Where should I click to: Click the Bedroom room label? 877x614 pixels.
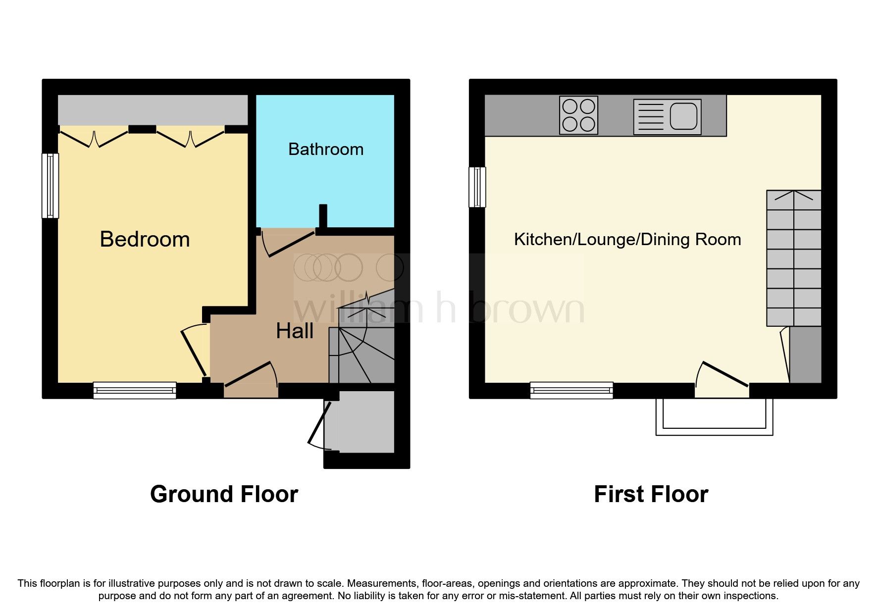coord(145,239)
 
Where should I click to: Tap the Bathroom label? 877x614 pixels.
coord(326,149)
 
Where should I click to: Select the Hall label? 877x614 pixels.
coord(295,331)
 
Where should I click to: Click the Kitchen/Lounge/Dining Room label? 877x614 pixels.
coord(627,240)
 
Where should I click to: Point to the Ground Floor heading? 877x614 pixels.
coord(224,494)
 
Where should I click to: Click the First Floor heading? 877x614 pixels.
coord(651,494)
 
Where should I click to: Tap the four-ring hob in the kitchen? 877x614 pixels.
coord(578,115)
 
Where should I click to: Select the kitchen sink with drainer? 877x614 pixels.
coord(667,117)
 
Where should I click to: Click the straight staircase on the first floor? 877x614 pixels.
coord(793,258)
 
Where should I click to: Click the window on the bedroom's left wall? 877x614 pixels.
coord(50,186)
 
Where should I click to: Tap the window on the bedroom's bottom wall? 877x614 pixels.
coord(135,390)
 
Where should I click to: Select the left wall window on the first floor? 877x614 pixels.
coord(477,187)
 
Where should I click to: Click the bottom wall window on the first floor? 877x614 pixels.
coord(571,390)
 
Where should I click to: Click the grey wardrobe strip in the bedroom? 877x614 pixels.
coord(153,110)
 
